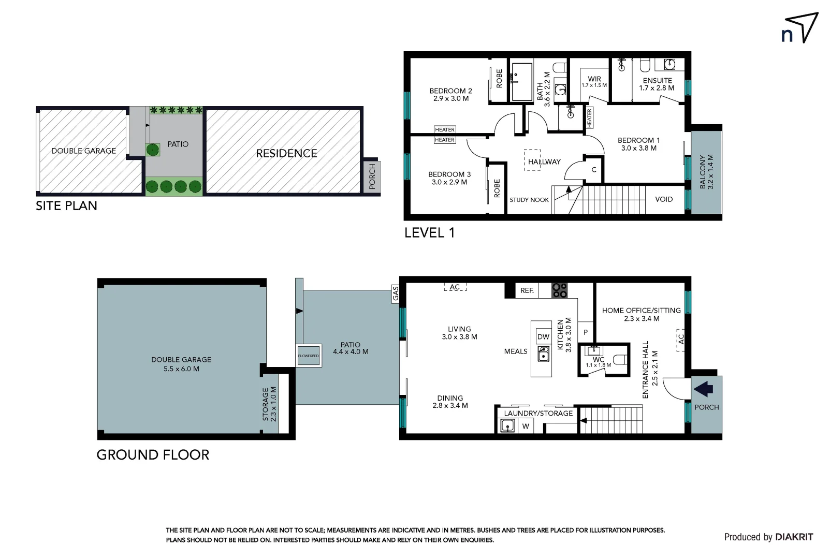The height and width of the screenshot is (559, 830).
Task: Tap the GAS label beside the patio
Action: click(396, 293)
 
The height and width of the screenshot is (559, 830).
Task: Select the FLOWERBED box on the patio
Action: click(309, 356)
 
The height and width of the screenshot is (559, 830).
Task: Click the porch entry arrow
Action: click(704, 389)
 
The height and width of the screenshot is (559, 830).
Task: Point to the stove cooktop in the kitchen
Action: click(559, 290)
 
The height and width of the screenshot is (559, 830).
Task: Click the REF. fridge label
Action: click(527, 290)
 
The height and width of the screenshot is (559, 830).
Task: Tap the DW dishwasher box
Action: click(543, 336)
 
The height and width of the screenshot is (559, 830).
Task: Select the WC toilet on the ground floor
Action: click(620, 359)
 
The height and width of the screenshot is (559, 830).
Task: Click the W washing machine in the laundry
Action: click(526, 426)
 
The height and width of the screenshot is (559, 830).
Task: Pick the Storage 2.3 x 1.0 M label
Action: click(269, 404)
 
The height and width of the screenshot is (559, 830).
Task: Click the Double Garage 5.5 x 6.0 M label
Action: click(181, 364)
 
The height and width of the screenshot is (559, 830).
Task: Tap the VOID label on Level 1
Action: click(664, 199)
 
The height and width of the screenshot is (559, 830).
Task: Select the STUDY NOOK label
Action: click(529, 200)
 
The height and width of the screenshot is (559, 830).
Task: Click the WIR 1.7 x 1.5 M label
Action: click(594, 82)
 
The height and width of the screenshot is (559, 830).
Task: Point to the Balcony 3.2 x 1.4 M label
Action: click(706, 171)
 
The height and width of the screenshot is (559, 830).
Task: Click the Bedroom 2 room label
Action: click(450, 94)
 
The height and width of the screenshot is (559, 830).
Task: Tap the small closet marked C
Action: click(594, 170)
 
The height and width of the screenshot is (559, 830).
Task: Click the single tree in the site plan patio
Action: click(152, 150)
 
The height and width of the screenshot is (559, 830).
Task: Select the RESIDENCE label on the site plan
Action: click(286, 153)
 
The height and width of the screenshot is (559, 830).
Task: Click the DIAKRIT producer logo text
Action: click(794, 537)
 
